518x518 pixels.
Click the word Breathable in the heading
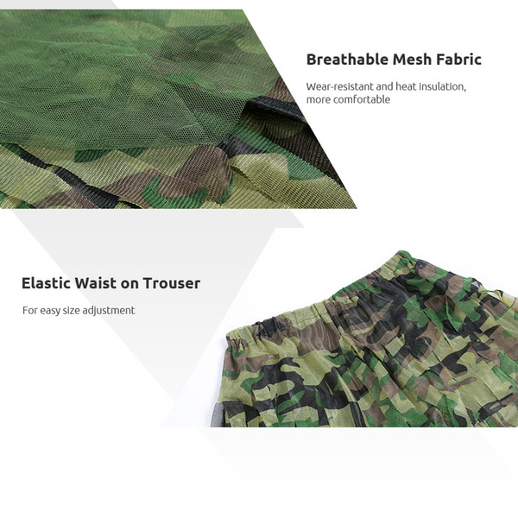(x=347, y=60)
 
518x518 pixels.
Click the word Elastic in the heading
(x=46, y=283)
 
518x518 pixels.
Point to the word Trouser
(x=172, y=283)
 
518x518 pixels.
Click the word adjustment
(x=109, y=311)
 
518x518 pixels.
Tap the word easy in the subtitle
(x=50, y=311)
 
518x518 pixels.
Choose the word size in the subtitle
(x=71, y=311)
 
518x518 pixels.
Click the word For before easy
(x=30, y=310)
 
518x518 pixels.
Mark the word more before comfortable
(x=319, y=100)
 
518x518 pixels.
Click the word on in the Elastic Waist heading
(x=129, y=284)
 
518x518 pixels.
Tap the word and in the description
(x=384, y=86)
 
